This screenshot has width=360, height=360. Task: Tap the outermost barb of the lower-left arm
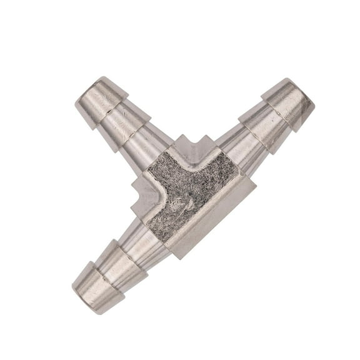coord(97,284)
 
